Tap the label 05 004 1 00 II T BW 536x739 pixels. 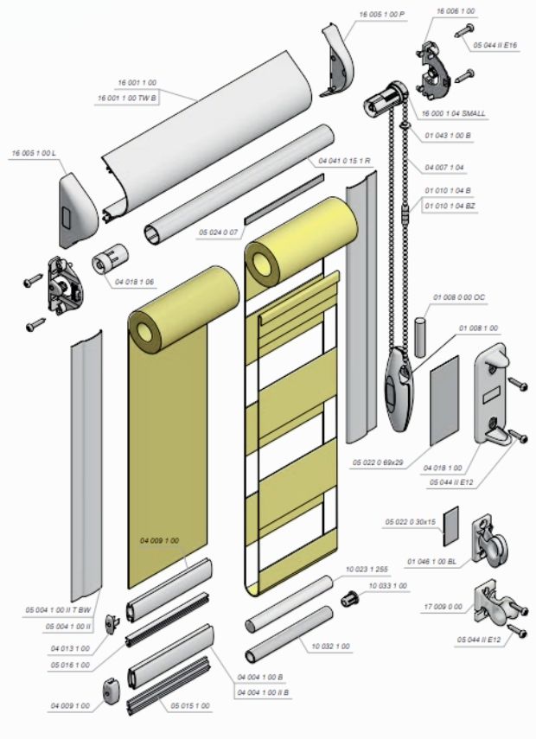tap(56, 610)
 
